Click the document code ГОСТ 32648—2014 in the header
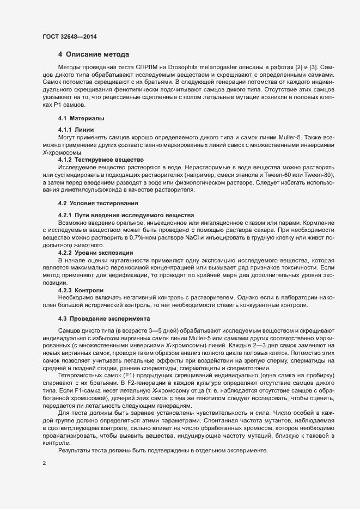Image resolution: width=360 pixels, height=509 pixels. (70, 36)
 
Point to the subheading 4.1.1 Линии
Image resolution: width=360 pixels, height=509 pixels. (76, 130)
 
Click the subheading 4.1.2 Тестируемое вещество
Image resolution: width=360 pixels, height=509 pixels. (101, 159)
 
